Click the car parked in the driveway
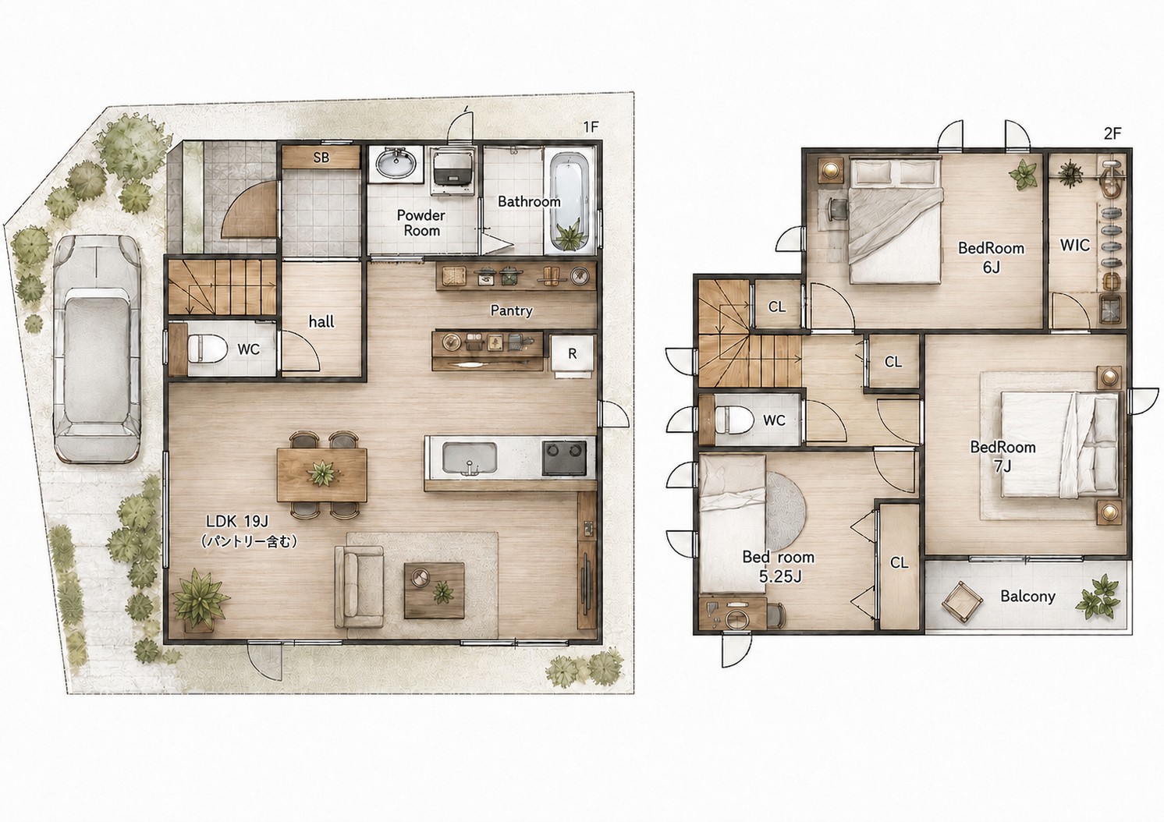point(97,349)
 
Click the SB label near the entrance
point(321,157)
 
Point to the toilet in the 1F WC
point(206,348)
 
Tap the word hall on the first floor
point(321,322)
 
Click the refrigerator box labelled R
point(572,354)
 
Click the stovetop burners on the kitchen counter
point(569,458)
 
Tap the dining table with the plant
point(321,475)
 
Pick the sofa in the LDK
point(359,586)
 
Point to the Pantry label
point(511,310)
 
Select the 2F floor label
point(1112,133)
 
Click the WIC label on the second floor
point(1074,245)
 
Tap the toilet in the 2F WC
point(733,420)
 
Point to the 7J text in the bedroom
point(1003,466)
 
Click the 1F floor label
point(591,127)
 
